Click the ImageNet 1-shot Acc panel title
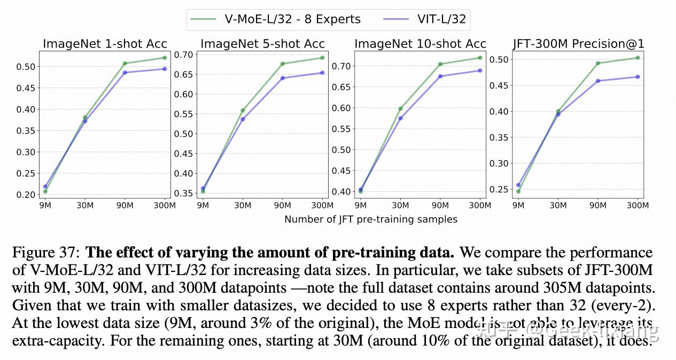tap(105, 44)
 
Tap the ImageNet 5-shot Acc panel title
tap(262, 44)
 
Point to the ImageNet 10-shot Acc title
tap(420, 44)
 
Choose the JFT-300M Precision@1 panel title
tap(578, 44)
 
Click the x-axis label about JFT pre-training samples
tap(370, 220)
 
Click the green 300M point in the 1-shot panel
tap(165, 58)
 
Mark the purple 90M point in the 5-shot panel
tap(283, 78)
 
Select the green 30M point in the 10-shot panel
tap(400, 108)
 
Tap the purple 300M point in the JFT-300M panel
tap(638, 77)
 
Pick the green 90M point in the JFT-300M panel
tap(598, 63)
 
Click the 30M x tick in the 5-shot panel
tap(243, 205)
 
